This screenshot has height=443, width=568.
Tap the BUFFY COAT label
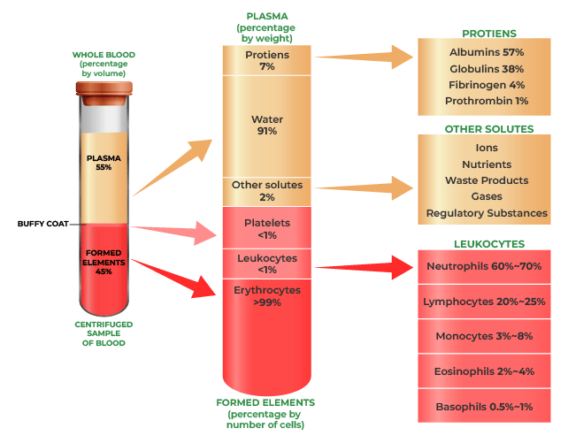[x=42, y=224]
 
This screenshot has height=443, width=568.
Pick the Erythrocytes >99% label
[x=266, y=294]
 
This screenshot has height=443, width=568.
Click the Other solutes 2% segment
[x=266, y=190]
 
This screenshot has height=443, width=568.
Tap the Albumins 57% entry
[x=487, y=52]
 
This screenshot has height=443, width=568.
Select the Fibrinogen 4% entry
[x=487, y=85]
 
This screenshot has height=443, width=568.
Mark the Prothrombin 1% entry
[x=487, y=101]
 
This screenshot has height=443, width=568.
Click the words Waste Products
[x=487, y=180]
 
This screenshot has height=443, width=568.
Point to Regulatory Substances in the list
[x=487, y=213]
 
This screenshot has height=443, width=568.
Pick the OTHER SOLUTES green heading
[x=488, y=129]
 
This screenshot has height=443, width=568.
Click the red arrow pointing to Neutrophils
[x=363, y=266]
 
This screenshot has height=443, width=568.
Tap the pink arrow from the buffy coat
[x=178, y=233]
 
